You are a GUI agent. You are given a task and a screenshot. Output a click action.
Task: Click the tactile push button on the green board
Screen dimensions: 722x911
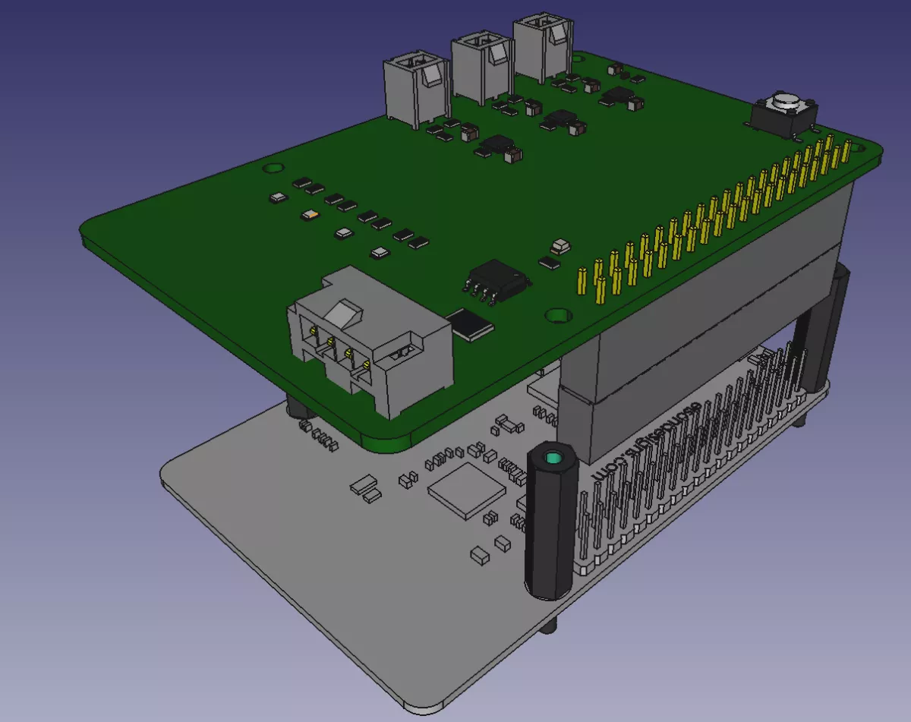coord(783,112)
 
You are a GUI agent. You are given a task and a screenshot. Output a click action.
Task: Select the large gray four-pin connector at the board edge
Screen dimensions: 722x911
coord(370,343)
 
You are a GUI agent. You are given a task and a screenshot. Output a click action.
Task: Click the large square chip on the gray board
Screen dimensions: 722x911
coord(466,493)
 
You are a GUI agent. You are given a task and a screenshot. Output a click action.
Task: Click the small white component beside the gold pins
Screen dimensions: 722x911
coord(561,245)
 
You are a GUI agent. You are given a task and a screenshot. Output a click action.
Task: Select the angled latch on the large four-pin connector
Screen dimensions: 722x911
coord(344,312)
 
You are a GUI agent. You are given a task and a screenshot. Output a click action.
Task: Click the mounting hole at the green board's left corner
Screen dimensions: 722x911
coord(271,166)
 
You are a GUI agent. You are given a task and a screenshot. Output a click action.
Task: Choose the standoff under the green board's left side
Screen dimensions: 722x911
coord(298,408)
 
